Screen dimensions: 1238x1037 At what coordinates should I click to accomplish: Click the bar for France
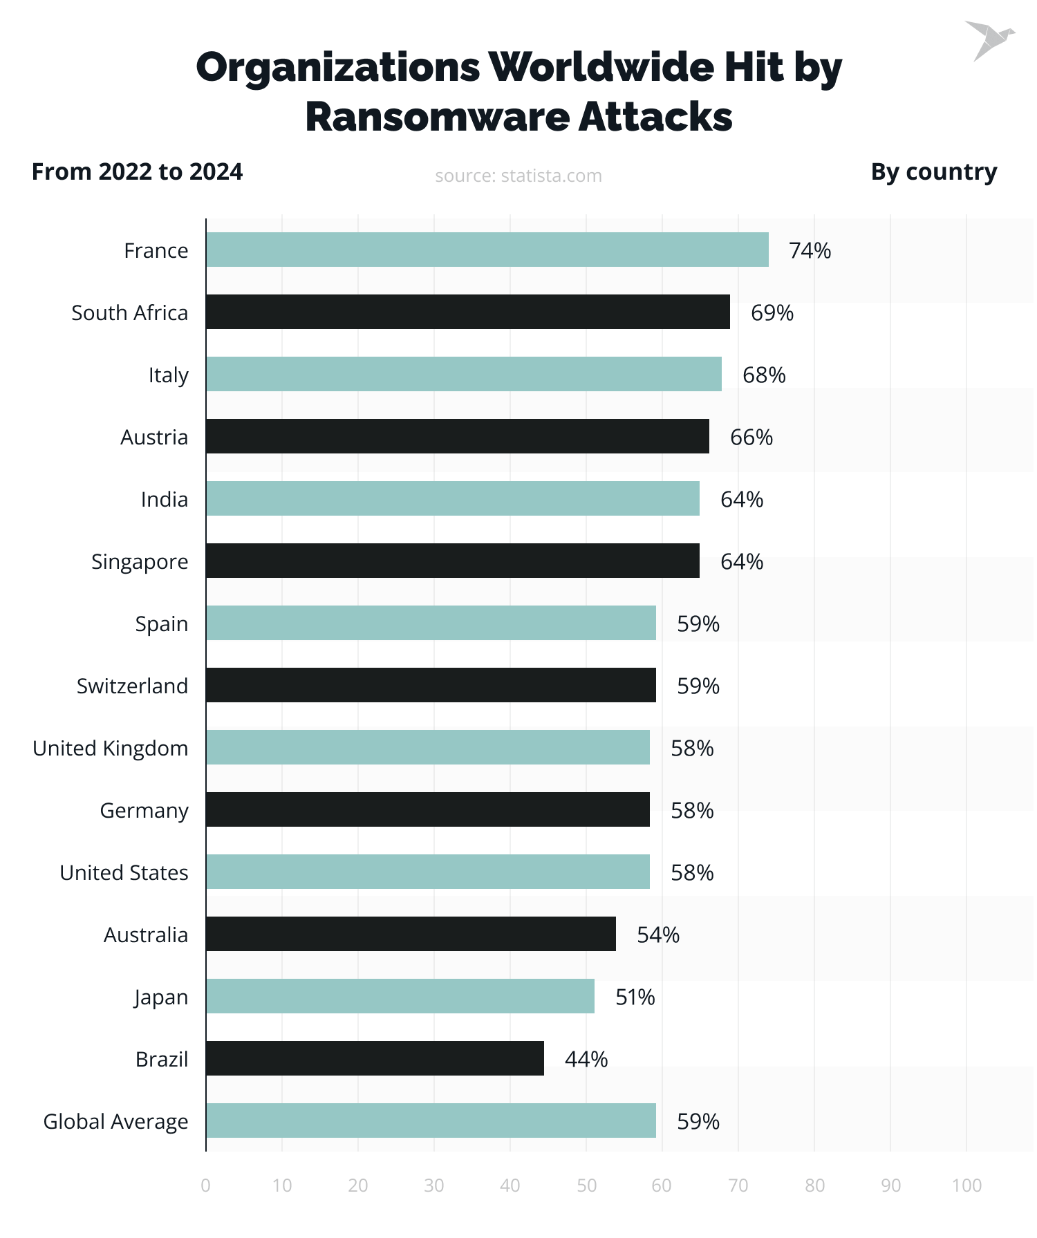tap(487, 250)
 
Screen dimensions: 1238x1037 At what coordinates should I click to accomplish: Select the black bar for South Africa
tap(467, 312)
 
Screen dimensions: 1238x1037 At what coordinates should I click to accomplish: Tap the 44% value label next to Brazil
tap(586, 1059)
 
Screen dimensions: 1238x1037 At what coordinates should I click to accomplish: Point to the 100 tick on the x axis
tap(966, 1185)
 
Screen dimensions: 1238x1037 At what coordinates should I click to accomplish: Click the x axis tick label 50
tap(586, 1185)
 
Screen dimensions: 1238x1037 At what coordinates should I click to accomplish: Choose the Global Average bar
tap(431, 1120)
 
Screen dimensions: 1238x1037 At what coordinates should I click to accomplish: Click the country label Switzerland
tap(132, 686)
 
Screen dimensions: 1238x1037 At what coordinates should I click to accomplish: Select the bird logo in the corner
tap(989, 40)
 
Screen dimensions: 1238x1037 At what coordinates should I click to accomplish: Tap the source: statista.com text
tap(518, 176)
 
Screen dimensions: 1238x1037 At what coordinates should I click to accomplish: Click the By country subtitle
tap(933, 171)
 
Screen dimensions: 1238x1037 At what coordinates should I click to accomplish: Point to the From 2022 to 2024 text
tap(137, 171)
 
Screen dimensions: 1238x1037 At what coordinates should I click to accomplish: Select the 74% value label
tap(810, 250)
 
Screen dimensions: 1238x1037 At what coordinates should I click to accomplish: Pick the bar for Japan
tap(400, 996)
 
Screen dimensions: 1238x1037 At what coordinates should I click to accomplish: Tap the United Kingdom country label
tap(111, 748)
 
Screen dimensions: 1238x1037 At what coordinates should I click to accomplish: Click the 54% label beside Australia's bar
tap(657, 935)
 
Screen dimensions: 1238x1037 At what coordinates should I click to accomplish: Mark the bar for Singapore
tap(452, 561)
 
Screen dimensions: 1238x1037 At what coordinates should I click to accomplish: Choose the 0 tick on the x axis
tap(205, 1185)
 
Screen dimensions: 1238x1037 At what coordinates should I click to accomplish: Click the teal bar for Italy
tap(463, 374)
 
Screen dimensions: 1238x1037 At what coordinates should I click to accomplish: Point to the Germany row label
tap(144, 810)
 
